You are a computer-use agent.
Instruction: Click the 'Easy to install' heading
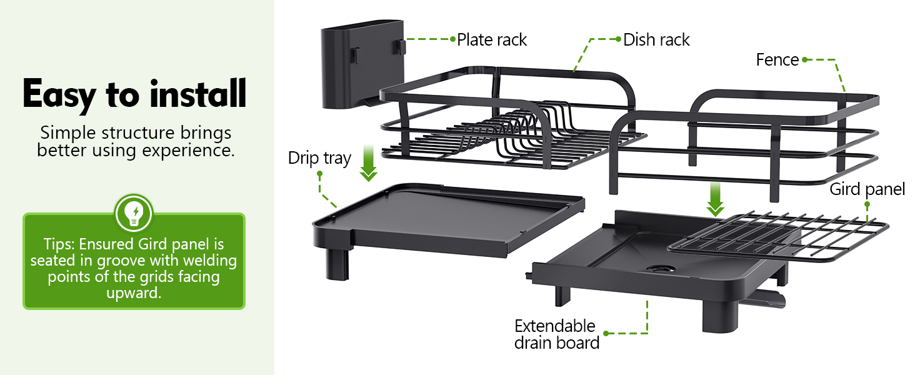[x=134, y=94]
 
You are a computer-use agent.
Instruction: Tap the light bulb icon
[x=134, y=214]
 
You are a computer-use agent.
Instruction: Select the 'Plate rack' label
[x=492, y=39]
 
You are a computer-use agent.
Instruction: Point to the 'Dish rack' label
[x=656, y=39]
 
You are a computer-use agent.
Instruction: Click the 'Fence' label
[x=777, y=59]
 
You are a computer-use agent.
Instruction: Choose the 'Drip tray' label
[x=319, y=158]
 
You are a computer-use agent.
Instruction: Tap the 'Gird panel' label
[x=867, y=189]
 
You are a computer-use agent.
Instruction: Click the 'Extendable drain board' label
[x=557, y=334]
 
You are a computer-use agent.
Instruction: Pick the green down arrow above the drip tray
[x=369, y=163]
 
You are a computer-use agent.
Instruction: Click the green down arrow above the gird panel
[x=715, y=199]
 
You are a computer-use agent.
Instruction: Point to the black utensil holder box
[x=362, y=64]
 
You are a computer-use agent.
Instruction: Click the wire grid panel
[x=777, y=236]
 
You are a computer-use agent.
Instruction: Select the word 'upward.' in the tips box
[x=134, y=293]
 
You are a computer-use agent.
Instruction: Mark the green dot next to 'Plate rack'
[x=452, y=39]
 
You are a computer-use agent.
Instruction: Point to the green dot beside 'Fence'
[x=804, y=59]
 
